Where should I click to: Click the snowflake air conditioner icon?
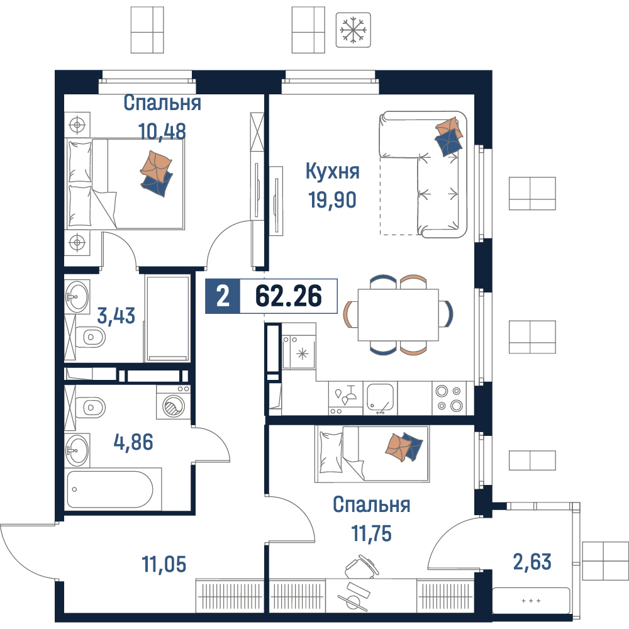(x=353, y=30)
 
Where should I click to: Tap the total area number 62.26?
(x=289, y=296)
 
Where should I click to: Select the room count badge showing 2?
(x=223, y=296)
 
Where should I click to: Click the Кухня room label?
(x=333, y=171)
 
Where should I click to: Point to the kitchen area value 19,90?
(x=332, y=200)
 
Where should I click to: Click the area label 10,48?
(x=162, y=131)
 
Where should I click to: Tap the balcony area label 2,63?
(x=532, y=562)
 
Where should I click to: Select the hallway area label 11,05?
(x=164, y=564)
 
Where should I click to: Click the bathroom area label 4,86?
(x=133, y=442)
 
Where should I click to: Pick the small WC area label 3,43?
(x=116, y=316)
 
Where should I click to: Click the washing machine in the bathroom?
(x=174, y=403)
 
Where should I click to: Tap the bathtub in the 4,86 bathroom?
(x=111, y=489)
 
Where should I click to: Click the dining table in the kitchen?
(x=398, y=314)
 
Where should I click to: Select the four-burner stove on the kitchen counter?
(x=449, y=398)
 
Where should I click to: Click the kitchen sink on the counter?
(x=380, y=398)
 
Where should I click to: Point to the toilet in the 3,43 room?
(x=91, y=337)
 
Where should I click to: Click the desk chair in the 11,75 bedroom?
(x=361, y=567)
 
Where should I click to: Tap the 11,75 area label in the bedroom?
(x=372, y=533)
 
